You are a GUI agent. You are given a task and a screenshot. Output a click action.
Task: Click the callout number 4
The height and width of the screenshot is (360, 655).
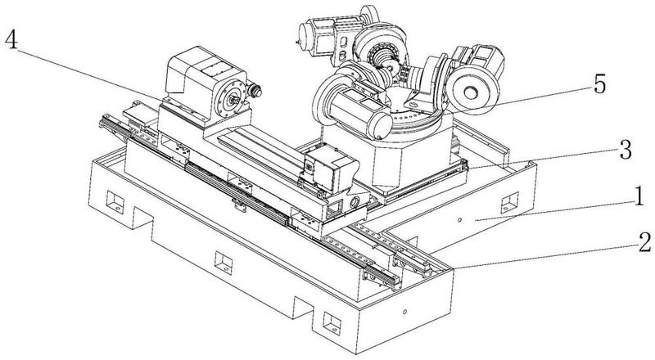(11, 40)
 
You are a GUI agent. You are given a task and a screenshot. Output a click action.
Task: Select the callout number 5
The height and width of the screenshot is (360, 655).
(599, 85)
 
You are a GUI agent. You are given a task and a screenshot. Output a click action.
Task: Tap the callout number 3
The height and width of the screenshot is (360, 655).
(625, 150)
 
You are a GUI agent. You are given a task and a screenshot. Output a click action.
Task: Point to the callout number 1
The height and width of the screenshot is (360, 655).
(639, 196)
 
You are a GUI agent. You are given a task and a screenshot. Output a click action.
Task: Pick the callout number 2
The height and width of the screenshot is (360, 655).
(644, 242)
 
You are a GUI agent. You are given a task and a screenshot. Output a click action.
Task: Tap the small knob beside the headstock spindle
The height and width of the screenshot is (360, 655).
(254, 91)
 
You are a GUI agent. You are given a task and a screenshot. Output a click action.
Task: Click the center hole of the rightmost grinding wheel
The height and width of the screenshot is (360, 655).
(470, 92)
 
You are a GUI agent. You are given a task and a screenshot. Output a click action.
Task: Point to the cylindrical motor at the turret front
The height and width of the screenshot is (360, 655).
(359, 113)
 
